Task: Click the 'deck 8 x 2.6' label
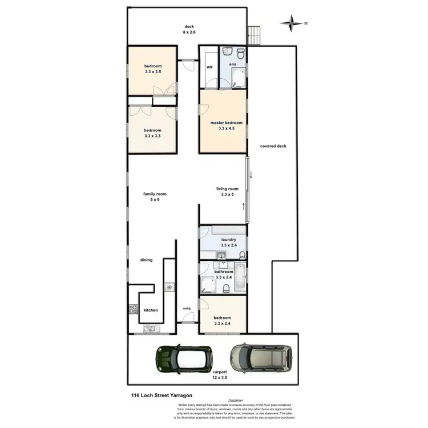click(189, 30)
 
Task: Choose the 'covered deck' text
click(273, 146)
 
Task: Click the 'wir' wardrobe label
click(209, 67)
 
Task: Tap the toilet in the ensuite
click(241, 54)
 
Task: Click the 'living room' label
click(227, 192)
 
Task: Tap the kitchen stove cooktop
click(134, 310)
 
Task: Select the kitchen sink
click(150, 328)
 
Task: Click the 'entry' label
click(187, 308)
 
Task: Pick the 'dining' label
click(147, 260)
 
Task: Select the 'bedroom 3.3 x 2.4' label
click(223, 321)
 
